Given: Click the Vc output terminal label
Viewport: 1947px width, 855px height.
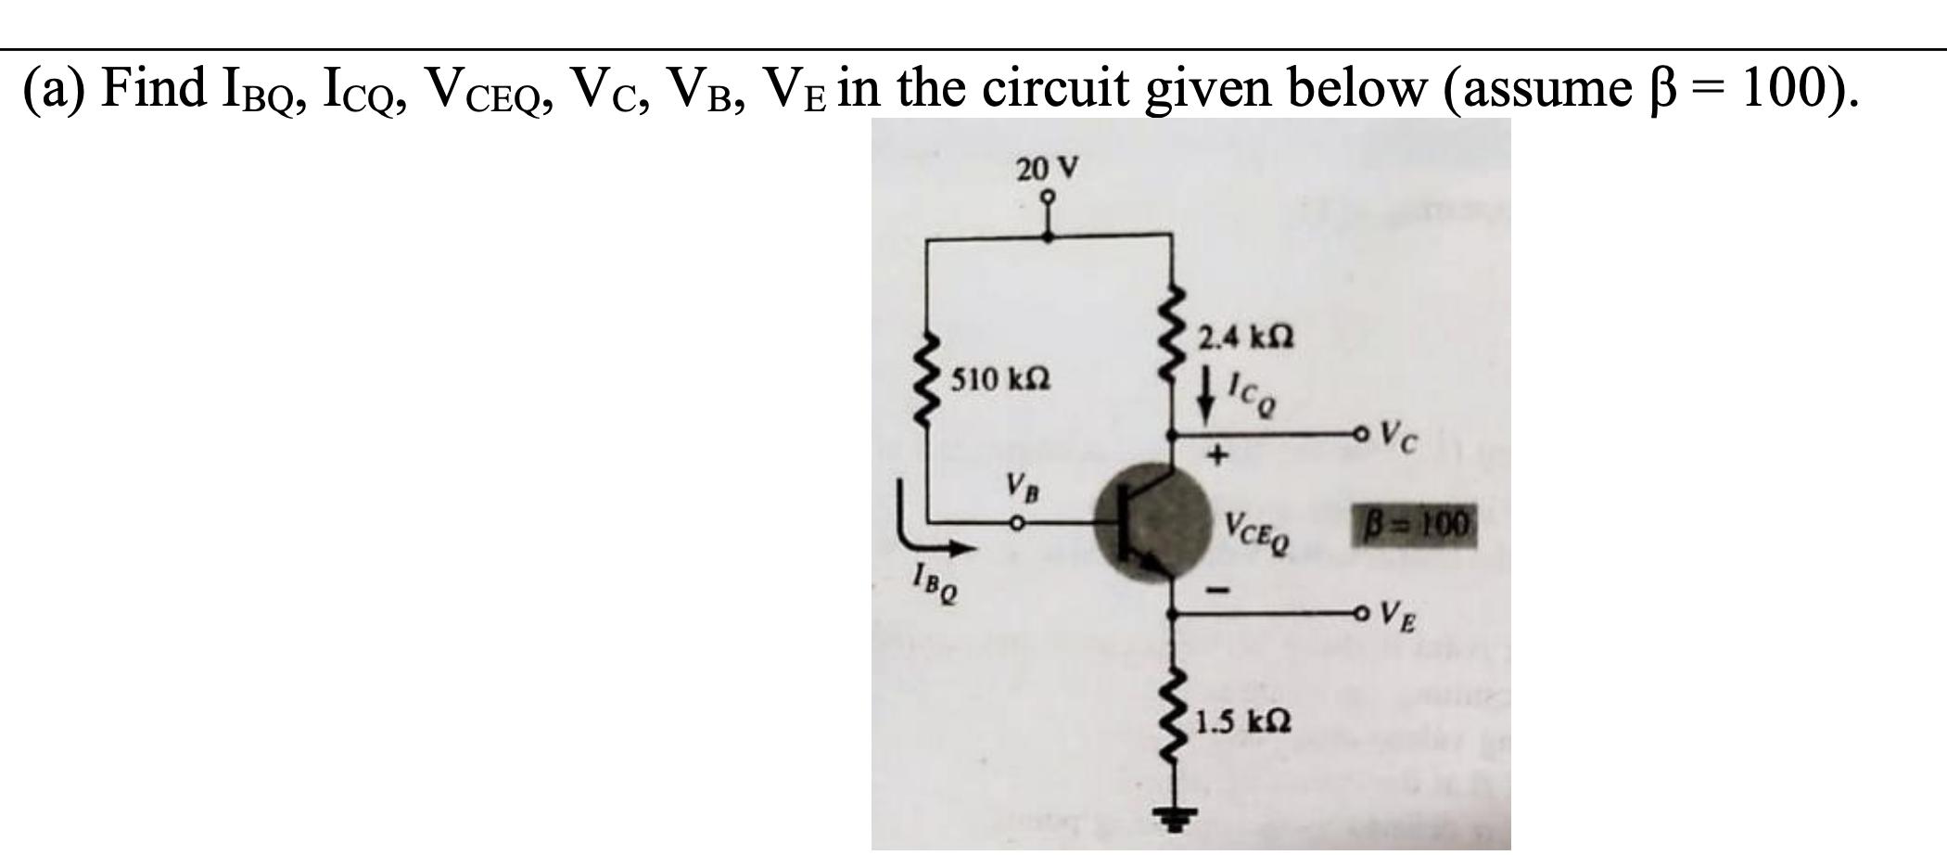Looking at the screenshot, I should (x=1398, y=434).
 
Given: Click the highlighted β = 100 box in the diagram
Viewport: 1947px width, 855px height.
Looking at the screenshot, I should (x=1413, y=526).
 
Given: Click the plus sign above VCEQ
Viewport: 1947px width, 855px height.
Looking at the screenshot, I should (x=1219, y=455).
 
